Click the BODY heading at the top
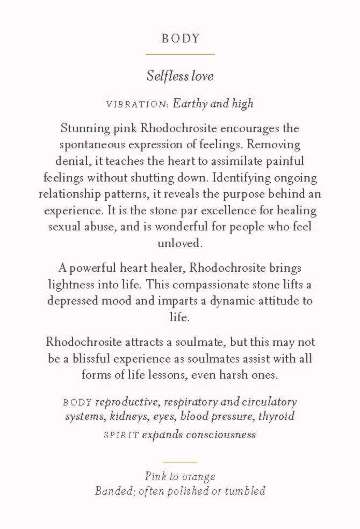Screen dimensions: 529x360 pyautogui.click(x=180, y=38)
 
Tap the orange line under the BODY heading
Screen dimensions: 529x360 pyautogui.click(x=180, y=54)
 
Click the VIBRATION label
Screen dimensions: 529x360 pyautogui.click(x=138, y=104)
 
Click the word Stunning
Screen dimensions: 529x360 pyautogui.click(x=83, y=129)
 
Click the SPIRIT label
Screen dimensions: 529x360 pyautogui.click(x=121, y=434)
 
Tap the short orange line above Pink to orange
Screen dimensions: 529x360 pyautogui.click(x=180, y=462)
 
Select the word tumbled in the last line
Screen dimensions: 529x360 pyautogui.click(x=244, y=491)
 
